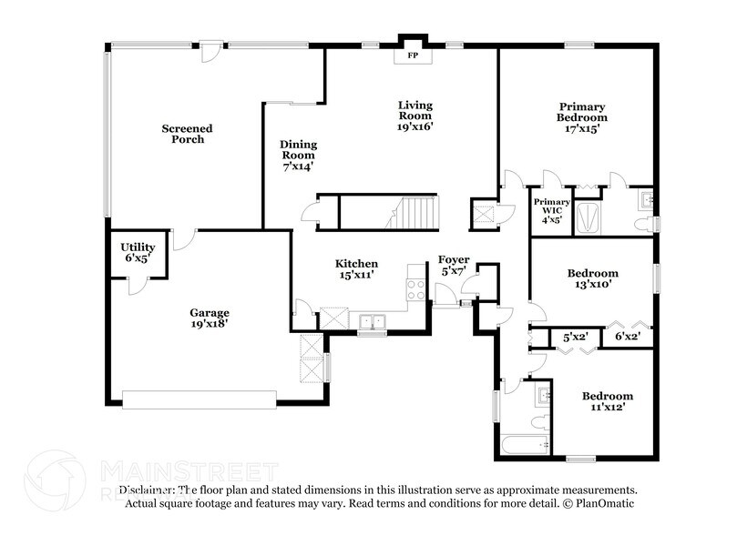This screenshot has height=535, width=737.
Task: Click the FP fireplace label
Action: click(412, 56)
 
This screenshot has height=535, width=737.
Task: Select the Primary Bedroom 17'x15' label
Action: click(583, 117)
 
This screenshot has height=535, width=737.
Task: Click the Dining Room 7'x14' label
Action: click(297, 156)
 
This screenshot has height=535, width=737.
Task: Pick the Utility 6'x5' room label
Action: click(138, 253)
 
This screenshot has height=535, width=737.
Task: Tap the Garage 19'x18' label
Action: click(209, 317)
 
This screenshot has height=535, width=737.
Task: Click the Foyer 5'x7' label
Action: click(454, 265)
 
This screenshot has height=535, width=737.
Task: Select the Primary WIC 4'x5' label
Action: click(552, 210)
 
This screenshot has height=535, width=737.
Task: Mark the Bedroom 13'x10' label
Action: click(592, 278)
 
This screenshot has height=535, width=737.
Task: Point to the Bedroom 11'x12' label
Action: click(608, 401)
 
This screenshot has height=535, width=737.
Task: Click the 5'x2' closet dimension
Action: click(576, 338)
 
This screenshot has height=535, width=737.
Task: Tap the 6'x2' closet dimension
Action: click(628, 338)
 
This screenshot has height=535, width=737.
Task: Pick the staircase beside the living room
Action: click(415, 213)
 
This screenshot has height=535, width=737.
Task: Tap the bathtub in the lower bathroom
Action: click(524, 446)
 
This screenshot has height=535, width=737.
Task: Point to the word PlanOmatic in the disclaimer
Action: click(605, 503)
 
